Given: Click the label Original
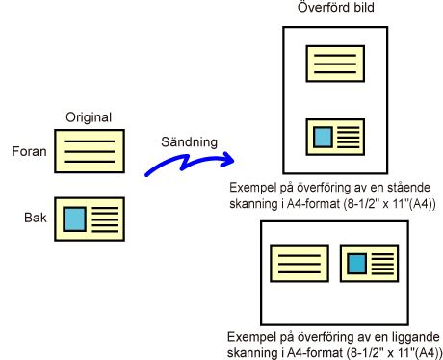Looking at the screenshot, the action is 89,117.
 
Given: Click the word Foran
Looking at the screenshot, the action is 29,151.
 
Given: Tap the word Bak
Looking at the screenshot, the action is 36,218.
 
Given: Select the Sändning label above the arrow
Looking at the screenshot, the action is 189,142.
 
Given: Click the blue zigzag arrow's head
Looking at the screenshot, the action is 228,159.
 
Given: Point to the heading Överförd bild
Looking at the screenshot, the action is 335,7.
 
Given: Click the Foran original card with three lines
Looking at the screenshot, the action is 90,151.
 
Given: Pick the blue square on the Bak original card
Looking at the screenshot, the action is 74,219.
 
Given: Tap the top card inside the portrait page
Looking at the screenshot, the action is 335,64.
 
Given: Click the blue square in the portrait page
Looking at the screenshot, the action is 323,137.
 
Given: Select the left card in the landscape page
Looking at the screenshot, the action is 300,264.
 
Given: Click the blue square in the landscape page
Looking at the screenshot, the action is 357,264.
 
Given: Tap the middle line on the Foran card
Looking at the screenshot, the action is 90,151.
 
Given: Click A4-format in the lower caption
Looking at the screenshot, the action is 315,353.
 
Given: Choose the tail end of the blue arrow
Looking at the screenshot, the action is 146,175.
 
